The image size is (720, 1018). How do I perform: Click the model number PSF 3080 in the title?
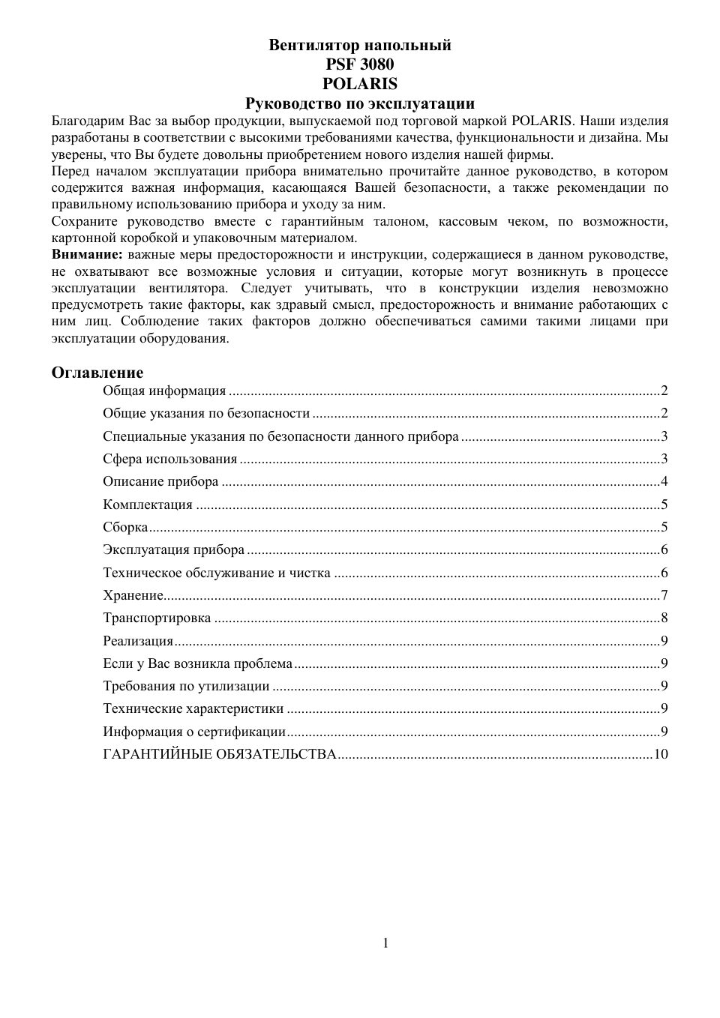click(x=360, y=64)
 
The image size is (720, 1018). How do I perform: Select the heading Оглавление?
click(x=97, y=373)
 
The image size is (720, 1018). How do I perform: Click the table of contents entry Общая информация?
click(x=164, y=391)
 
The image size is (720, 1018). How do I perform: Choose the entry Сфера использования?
click(x=169, y=459)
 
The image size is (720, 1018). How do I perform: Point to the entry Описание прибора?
click(x=160, y=481)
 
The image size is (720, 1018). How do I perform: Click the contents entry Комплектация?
click(x=148, y=505)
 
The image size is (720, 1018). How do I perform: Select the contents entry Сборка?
click(x=125, y=527)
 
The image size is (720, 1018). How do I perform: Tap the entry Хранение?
click(x=133, y=595)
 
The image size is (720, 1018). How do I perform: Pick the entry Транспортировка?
click(x=157, y=618)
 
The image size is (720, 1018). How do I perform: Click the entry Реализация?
click(x=138, y=641)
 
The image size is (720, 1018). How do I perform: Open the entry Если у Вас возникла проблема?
click(x=197, y=663)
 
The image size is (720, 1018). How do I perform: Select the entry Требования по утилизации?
click(x=186, y=686)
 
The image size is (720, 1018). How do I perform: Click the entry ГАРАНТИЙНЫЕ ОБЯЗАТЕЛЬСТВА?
click(x=219, y=754)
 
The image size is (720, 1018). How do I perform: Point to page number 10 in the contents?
click(x=661, y=754)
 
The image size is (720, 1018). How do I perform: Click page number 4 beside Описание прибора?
click(x=664, y=481)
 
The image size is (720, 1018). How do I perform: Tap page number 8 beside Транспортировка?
click(x=664, y=618)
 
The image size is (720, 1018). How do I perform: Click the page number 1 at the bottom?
click(x=385, y=943)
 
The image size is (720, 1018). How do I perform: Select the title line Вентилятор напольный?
click(x=360, y=45)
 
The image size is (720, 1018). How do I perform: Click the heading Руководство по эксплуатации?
click(x=360, y=103)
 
